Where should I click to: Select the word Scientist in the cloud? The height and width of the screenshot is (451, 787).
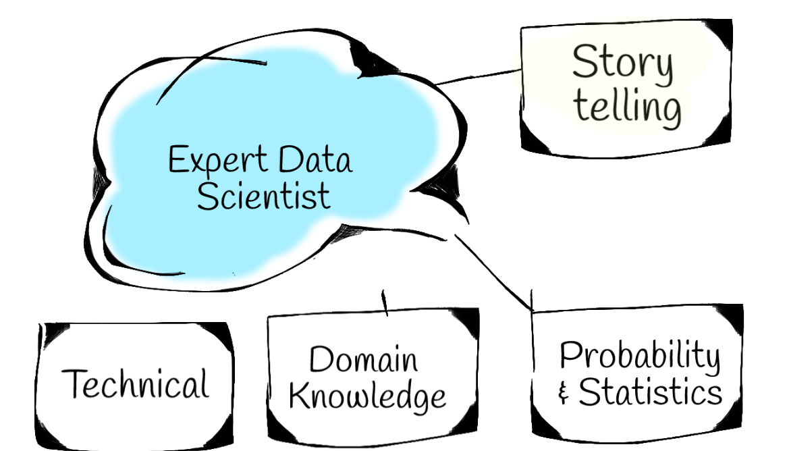point(264,195)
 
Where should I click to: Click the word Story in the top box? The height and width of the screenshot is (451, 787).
point(622,65)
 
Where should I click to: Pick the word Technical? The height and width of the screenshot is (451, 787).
point(135,384)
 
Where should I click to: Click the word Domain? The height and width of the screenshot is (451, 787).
point(363,359)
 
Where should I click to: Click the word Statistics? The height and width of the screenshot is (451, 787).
point(650,392)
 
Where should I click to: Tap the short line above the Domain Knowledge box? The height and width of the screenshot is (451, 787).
point(385,304)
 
